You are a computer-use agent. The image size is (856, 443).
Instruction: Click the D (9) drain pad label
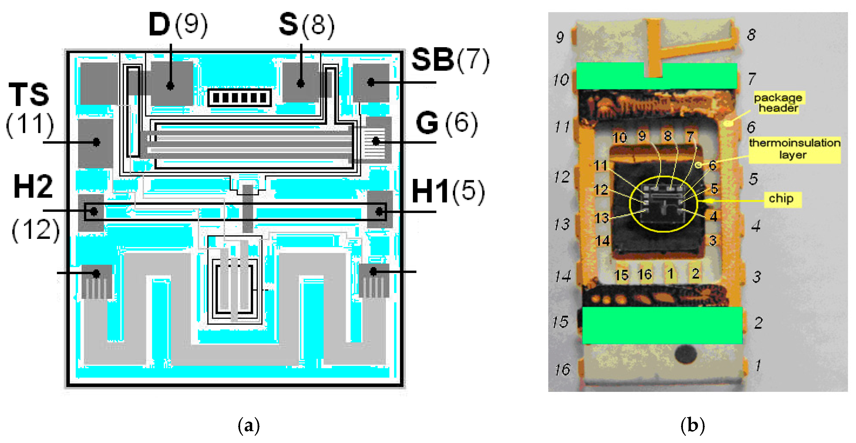(178, 25)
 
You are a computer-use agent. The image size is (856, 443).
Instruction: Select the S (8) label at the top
(306, 25)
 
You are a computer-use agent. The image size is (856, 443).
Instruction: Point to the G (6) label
(446, 123)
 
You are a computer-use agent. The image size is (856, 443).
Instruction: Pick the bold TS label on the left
(29, 95)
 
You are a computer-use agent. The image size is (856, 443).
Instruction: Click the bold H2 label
(33, 187)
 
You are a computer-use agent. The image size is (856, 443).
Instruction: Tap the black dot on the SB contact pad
(371, 82)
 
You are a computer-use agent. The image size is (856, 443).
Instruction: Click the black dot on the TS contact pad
(96, 142)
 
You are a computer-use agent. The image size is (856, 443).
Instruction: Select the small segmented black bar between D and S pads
(239, 98)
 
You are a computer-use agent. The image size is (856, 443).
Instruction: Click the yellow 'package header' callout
(778, 103)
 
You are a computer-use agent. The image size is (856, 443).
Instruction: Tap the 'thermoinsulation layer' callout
(794, 149)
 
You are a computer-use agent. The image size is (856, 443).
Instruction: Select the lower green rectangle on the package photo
(662, 325)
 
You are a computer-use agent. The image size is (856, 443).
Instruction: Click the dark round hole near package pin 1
(686, 354)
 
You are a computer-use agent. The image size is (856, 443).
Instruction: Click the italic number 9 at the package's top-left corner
(560, 37)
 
